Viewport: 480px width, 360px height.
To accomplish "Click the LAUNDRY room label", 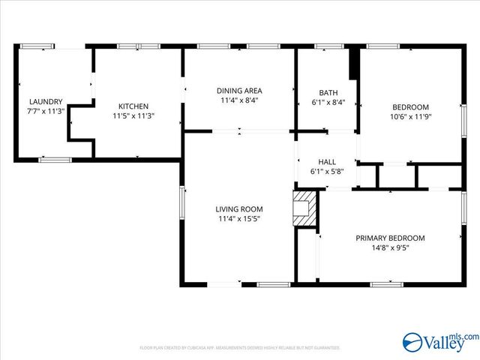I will point(46,102).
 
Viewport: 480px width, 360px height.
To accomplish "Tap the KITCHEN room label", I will point(133,106).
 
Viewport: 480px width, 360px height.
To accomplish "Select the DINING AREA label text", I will point(240,91).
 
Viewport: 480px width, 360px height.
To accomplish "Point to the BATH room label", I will point(328,93).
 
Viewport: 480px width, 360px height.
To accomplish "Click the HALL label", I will point(328,161).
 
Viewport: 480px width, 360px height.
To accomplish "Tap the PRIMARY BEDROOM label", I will point(390,238).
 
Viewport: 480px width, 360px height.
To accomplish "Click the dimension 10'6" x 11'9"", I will point(410,116).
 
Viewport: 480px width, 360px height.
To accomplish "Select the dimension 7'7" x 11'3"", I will point(46,112).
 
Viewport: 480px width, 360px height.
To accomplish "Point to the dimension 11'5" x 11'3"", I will point(133,116).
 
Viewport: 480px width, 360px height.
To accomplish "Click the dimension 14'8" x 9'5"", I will point(390,248).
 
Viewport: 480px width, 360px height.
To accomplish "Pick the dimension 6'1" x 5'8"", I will point(328,171).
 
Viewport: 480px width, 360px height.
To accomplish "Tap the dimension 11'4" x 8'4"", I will point(240,100).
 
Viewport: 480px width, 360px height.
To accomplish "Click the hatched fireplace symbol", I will point(304,208).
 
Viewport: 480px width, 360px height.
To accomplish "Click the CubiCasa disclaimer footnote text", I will point(240,348).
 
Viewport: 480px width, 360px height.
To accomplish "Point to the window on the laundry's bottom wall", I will point(55,160).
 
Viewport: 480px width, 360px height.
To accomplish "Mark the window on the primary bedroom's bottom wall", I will point(387,284).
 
